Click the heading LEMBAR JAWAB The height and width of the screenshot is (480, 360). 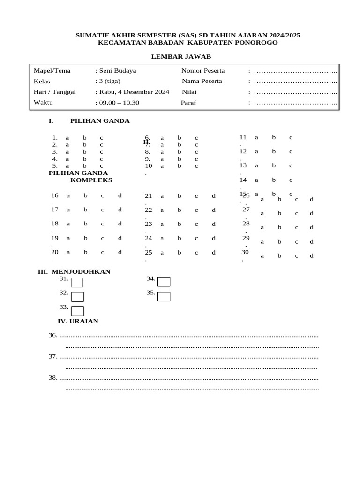(180, 56)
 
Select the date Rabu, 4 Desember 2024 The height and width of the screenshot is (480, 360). (133, 92)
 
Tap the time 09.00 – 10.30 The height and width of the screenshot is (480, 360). (119, 103)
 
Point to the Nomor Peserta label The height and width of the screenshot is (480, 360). (203, 71)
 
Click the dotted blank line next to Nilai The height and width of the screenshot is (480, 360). (295, 92)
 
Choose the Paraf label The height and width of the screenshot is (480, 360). (188, 103)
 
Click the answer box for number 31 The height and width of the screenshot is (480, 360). (77, 282)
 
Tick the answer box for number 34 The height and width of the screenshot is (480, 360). (164, 281)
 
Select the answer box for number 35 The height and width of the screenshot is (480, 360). (164, 296)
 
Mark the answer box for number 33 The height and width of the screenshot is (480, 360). (77, 311)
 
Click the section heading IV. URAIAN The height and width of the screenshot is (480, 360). (78, 321)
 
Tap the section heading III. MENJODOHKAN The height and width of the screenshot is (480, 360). (74, 271)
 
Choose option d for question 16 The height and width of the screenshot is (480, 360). (120, 195)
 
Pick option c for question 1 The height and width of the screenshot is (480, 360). (101, 138)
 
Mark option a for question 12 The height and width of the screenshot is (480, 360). (256, 151)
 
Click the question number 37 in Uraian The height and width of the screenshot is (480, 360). (53, 357)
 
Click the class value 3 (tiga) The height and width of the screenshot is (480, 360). (109, 81)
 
